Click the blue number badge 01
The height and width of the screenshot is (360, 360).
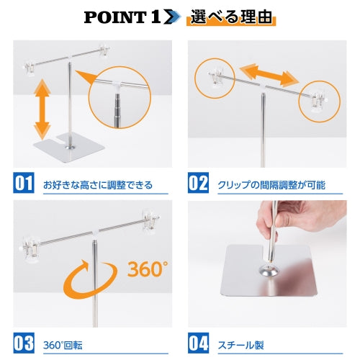pos(24,183)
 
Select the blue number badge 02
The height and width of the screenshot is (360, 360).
pos(198,183)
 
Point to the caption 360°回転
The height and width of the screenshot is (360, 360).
pos(63,344)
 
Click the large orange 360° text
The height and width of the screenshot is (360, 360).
pos(148,269)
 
